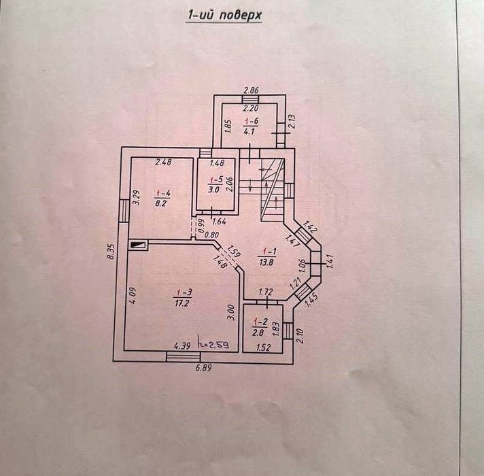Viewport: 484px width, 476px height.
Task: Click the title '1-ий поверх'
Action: pyautogui.click(x=224, y=15)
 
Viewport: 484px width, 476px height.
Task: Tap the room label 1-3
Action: pyautogui.click(x=184, y=292)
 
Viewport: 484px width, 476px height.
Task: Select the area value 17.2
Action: pyautogui.click(x=181, y=303)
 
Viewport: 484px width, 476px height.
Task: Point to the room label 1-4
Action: pyautogui.click(x=162, y=194)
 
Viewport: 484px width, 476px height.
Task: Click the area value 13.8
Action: pyautogui.click(x=266, y=262)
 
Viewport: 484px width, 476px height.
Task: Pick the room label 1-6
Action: pyautogui.click(x=251, y=120)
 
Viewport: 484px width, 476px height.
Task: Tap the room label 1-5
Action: pyautogui.click(x=215, y=180)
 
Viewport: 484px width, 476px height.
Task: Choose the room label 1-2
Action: pyautogui.click(x=260, y=322)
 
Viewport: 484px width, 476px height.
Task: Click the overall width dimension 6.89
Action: pyautogui.click(x=203, y=368)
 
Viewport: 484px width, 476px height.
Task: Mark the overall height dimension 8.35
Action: pyautogui.click(x=111, y=252)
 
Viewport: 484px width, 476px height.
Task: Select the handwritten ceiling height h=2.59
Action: pyautogui.click(x=213, y=345)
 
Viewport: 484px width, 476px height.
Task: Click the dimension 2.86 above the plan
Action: pyautogui.click(x=251, y=90)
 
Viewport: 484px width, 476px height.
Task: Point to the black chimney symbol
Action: pyautogui.click(x=138, y=245)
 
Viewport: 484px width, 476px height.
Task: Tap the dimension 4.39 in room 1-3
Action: pyautogui.click(x=182, y=346)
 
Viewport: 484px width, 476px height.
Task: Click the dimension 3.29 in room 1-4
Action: pyautogui.click(x=136, y=198)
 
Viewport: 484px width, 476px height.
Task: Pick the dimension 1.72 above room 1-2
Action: pyautogui.click(x=266, y=292)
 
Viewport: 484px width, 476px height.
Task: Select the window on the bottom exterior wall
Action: pyautogui.click(x=184, y=356)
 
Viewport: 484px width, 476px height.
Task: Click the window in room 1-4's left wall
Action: pyautogui.click(x=124, y=211)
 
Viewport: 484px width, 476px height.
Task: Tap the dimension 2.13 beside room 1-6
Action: pyautogui.click(x=292, y=121)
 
